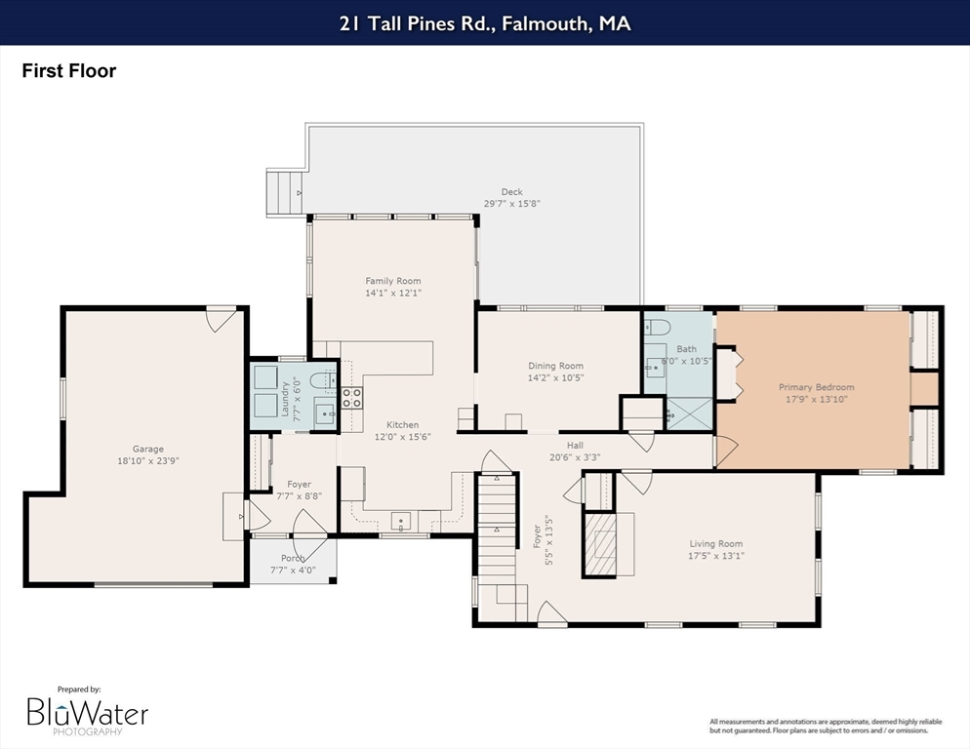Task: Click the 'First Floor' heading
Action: (x=68, y=71)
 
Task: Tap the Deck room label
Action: (x=511, y=192)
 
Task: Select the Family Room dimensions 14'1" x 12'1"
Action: (x=393, y=293)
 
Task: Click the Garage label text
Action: (x=148, y=449)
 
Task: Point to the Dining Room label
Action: (x=555, y=366)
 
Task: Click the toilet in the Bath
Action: (x=656, y=326)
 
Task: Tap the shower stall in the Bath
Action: (x=689, y=414)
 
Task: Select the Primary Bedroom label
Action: (x=817, y=387)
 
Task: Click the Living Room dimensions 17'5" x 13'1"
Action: (x=716, y=555)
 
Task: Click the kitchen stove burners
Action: (x=352, y=398)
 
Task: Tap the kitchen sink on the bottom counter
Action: (x=400, y=522)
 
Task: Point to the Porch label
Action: (x=293, y=559)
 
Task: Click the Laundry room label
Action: (x=285, y=399)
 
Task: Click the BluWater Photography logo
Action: (x=87, y=713)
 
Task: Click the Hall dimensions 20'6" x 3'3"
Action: (x=575, y=457)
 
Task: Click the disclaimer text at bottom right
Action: (x=826, y=727)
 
